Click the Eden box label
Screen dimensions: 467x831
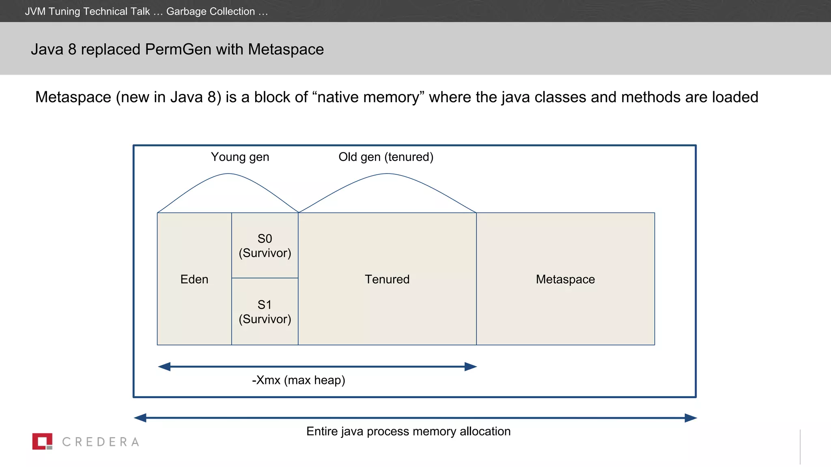point(194,279)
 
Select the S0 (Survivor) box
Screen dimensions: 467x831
point(265,246)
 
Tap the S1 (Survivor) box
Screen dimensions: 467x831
point(265,312)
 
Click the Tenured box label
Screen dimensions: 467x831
point(387,279)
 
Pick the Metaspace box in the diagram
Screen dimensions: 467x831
point(565,279)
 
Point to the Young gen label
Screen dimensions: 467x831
point(240,157)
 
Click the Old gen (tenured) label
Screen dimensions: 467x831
point(386,157)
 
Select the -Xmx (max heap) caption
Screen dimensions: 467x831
point(298,380)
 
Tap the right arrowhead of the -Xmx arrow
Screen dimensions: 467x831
point(471,366)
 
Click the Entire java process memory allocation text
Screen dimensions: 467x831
point(408,431)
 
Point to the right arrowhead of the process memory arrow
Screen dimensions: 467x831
point(691,418)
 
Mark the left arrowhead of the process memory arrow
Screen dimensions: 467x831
point(140,418)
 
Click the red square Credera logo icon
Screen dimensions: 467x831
point(42,441)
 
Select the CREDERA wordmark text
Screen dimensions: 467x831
point(101,442)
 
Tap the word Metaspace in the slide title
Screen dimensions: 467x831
point(286,49)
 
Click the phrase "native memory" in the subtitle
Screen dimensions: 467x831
point(368,97)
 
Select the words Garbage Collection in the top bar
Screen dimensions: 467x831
point(211,11)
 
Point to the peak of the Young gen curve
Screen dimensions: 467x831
point(228,174)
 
